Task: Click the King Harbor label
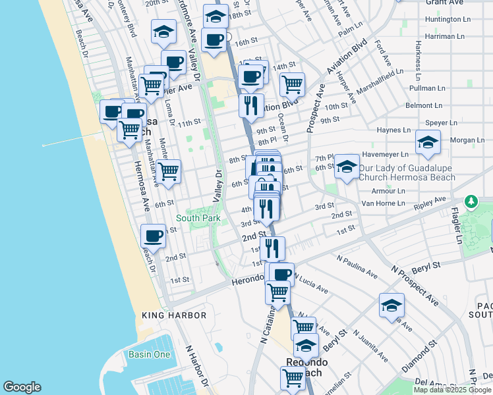[x=174, y=315]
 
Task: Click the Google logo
[x=22, y=387]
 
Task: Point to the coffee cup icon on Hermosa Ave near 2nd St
[x=154, y=236]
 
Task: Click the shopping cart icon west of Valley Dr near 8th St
[x=169, y=171]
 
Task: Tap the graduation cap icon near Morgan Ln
[x=428, y=142]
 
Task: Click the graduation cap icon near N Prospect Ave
[x=391, y=305]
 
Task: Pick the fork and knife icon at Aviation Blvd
[x=250, y=105]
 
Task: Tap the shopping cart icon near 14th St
[x=292, y=84]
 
